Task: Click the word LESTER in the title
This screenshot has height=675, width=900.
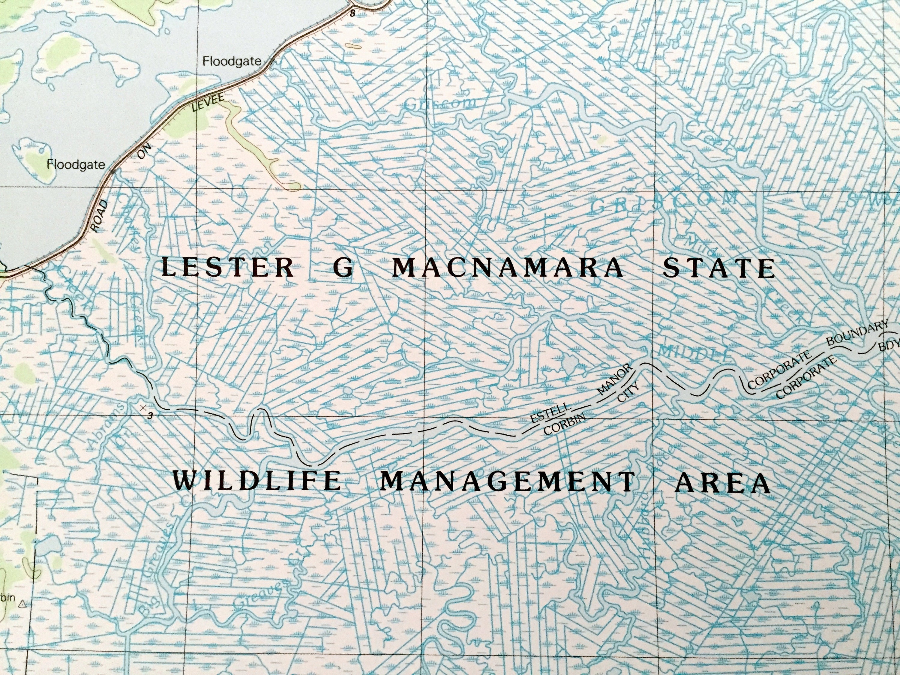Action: pyautogui.click(x=228, y=268)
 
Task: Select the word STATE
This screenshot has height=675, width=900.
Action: pyautogui.click(x=718, y=269)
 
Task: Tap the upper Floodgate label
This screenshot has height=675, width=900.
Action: pyautogui.click(x=232, y=61)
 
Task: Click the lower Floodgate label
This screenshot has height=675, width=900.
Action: pyautogui.click(x=76, y=165)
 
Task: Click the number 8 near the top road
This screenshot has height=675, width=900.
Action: pyautogui.click(x=352, y=14)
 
